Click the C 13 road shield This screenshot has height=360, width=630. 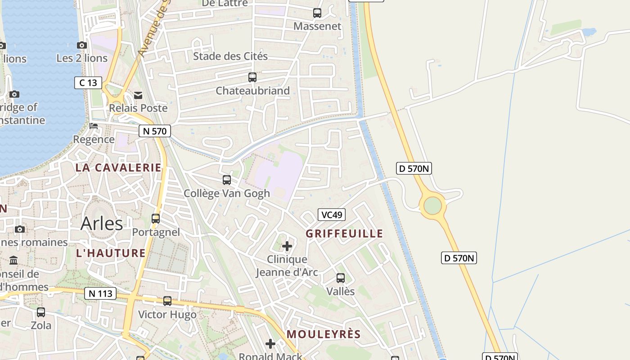(88, 83)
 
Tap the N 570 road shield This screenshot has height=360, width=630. (155, 131)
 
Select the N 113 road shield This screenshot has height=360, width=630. (100, 294)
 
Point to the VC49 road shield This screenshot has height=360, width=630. (332, 215)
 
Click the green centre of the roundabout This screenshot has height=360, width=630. (432, 206)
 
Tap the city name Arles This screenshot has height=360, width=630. (102, 224)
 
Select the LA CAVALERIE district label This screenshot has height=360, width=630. (118, 168)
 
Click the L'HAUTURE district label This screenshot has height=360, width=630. (111, 253)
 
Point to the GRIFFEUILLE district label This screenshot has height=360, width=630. (344, 234)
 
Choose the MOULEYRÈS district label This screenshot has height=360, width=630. (324, 334)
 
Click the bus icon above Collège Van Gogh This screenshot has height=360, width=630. (227, 180)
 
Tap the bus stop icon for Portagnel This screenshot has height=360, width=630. (156, 219)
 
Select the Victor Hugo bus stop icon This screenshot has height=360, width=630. (167, 301)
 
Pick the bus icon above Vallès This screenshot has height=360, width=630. (341, 278)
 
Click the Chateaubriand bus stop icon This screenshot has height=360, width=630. (252, 77)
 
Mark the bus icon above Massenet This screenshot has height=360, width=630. (317, 13)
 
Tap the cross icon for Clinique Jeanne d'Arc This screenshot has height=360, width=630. (287, 246)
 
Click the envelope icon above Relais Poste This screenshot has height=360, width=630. (138, 95)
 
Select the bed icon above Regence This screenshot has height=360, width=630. (94, 126)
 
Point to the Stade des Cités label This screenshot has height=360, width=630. (230, 56)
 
